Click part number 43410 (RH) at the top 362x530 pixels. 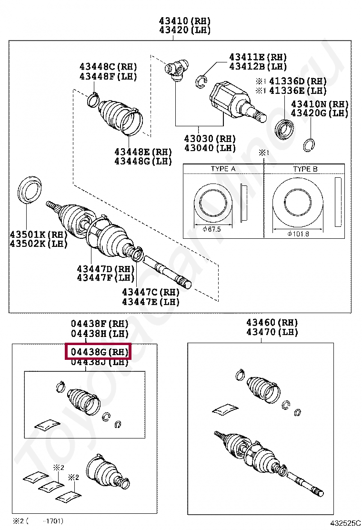coord(185,21)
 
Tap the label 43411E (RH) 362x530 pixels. coord(258,57)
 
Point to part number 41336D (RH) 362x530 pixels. coord(298,81)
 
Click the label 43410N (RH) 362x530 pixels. coord(320,104)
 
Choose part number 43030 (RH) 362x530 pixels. coord(210,139)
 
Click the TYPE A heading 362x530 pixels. coord(223,169)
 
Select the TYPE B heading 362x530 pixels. coord(305,169)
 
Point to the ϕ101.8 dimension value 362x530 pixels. coord(298,234)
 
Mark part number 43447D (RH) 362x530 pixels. coord(106,269)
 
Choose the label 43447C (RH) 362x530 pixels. coord(151,292)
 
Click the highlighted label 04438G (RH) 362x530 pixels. coord(99,353)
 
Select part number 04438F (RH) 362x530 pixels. coord(100,324)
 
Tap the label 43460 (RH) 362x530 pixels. coord(272,323)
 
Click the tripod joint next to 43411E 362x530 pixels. coord(176,69)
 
